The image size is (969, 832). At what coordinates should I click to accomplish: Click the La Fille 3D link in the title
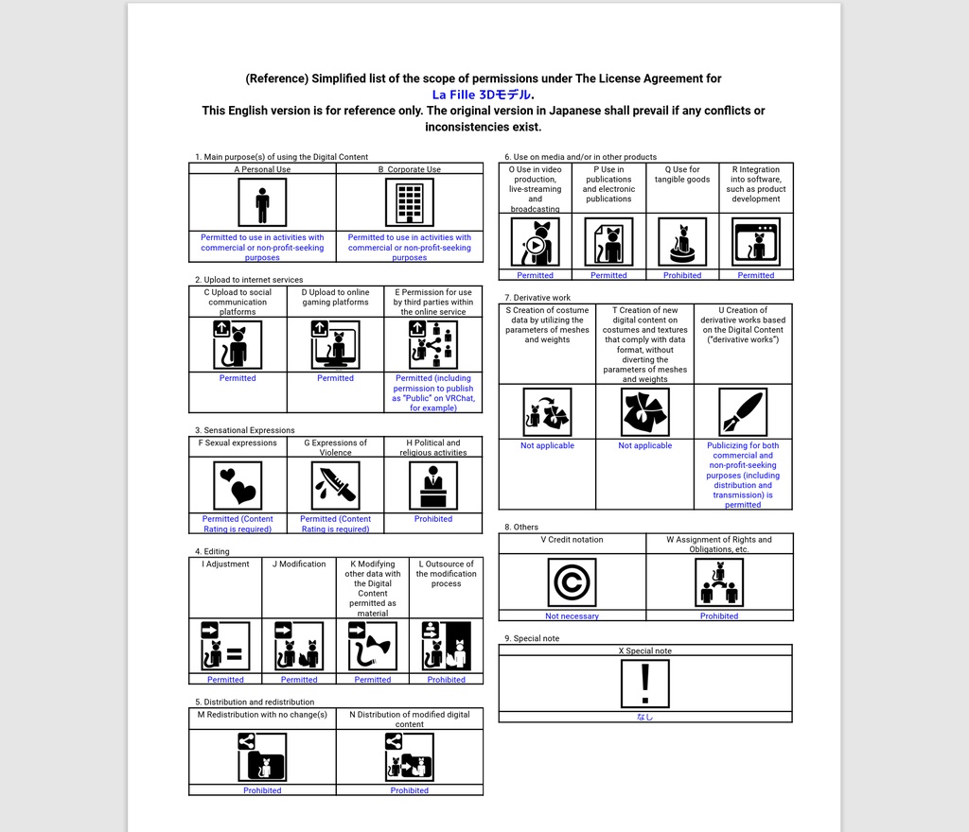tap(482, 95)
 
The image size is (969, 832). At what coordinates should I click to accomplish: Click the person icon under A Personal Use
tap(262, 202)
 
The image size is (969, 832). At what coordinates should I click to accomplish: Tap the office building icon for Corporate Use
tap(410, 202)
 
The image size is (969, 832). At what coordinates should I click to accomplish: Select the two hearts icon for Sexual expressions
tap(238, 485)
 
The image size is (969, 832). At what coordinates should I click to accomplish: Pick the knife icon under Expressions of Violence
tap(336, 485)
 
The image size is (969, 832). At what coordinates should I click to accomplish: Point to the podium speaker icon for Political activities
tap(433, 485)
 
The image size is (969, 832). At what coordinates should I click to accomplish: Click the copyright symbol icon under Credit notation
tap(572, 581)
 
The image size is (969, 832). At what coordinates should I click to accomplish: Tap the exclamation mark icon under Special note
tap(645, 684)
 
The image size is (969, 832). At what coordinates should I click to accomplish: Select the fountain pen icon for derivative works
tap(743, 412)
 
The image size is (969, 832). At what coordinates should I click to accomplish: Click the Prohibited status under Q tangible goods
tap(682, 275)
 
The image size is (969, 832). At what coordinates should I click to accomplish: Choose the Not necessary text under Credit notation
tap(572, 616)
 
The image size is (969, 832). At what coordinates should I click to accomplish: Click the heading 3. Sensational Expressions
tap(245, 430)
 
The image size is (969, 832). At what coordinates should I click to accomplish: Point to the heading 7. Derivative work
tap(537, 298)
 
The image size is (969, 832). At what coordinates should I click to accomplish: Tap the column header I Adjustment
tap(225, 564)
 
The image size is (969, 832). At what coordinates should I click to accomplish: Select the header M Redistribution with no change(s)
tap(262, 715)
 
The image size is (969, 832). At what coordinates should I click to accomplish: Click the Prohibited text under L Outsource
tap(446, 680)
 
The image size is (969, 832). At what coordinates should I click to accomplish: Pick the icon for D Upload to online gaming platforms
tap(336, 345)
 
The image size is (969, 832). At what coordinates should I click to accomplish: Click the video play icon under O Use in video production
tap(535, 243)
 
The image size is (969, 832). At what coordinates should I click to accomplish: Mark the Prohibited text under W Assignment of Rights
tap(719, 616)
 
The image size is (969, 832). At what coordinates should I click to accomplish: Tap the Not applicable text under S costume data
tap(547, 445)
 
